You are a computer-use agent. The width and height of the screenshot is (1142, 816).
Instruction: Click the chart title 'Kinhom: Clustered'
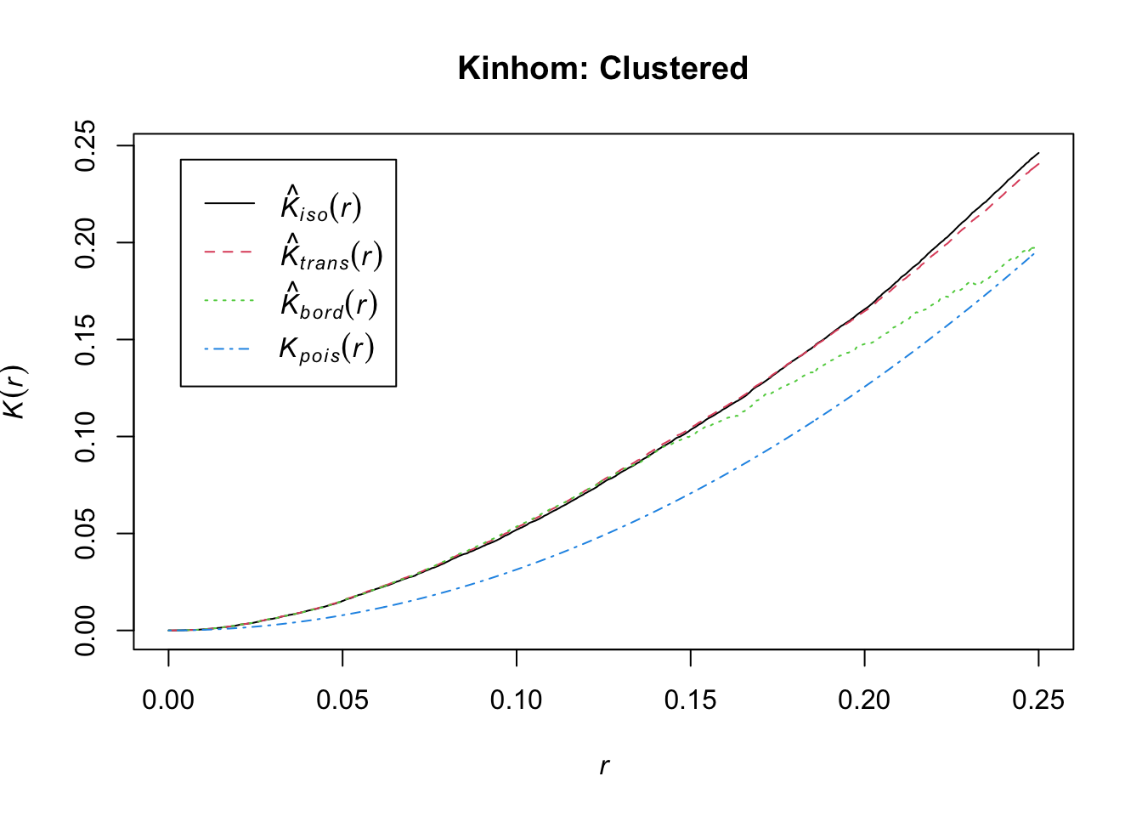pyautogui.click(x=602, y=68)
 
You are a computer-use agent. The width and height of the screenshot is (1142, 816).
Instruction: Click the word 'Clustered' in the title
pyautogui.click(x=674, y=68)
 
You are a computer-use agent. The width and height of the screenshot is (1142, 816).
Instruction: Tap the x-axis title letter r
pyautogui.click(x=603, y=766)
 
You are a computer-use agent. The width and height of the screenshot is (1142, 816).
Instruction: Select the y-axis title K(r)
pyautogui.click(x=14, y=391)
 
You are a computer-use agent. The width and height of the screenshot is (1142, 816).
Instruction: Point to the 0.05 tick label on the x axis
pyautogui.click(x=342, y=700)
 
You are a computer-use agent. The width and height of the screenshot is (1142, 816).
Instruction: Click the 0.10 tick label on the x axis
pyautogui.click(x=517, y=700)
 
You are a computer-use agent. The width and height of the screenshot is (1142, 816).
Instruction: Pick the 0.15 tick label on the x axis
pyautogui.click(x=691, y=700)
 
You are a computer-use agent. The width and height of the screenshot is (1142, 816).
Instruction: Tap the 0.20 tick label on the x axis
pyautogui.click(x=864, y=700)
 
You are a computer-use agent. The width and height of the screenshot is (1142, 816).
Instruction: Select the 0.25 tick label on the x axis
pyautogui.click(x=1038, y=700)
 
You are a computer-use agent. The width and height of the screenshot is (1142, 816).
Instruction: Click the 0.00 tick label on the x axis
pyautogui.click(x=168, y=700)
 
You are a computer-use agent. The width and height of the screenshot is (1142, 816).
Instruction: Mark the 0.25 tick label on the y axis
pyautogui.click(x=85, y=146)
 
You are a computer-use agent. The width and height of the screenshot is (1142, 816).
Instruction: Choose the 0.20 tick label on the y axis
pyautogui.click(x=85, y=243)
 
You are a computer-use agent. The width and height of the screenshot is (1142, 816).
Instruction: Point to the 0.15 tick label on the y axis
pyautogui.click(x=85, y=340)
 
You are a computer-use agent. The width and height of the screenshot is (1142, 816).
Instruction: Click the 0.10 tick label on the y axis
pyautogui.click(x=85, y=437)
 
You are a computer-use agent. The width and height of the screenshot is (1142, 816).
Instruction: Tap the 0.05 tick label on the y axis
pyautogui.click(x=85, y=534)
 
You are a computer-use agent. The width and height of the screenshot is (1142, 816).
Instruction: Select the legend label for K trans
pyautogui.click(x=331, y=253)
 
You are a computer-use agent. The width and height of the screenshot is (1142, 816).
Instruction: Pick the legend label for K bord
pyautogui.click(x=329, y=302)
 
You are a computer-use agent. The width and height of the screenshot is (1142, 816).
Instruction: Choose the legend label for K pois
pyautogui.click(x=327, y=349)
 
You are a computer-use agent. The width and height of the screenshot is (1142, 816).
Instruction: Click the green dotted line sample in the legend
pyautogui.click(x=229, y=300)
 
